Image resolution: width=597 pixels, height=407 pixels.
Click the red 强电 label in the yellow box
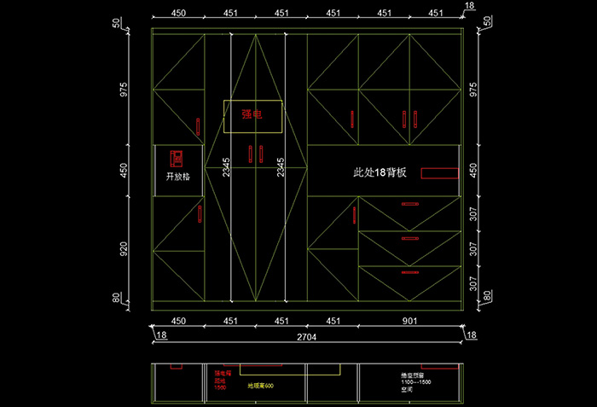(x=252, y=113)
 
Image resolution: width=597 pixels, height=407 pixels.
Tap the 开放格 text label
(x=177, y=177)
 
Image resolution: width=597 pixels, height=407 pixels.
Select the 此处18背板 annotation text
(x=380, y=172)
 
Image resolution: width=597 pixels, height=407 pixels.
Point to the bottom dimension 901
(x=410, y=322)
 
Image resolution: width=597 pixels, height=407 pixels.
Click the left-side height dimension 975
(x=125, y=90)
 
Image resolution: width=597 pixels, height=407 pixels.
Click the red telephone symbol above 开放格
(x=177, y=158)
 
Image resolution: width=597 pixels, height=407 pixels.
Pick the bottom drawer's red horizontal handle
(x=410, y=273)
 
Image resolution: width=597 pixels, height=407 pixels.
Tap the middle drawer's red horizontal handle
(x=410, y=238)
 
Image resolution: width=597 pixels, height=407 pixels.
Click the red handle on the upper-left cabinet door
(x=199, y=126)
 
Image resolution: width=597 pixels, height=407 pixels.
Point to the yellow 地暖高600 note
(x=260, y=387)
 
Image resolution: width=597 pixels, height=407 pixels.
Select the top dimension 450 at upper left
(x=179, y=14)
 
